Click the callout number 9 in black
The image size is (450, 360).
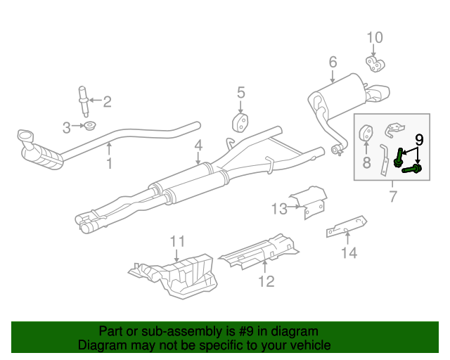coord(419,140)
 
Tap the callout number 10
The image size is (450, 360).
coord(375,37)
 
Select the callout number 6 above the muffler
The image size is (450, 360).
coord(333,62)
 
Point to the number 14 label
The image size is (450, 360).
coord(349,252)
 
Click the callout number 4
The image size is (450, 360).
coord(198,146)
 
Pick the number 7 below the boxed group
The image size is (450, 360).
coord(393,196)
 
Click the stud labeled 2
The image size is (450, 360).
coord(84,101)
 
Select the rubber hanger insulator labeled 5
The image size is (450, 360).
coord(240,123)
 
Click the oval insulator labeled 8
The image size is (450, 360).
coord(366,133)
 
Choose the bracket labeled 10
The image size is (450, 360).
coord(375,64)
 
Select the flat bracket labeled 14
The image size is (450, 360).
coord(347,226)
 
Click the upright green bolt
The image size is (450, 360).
coord(398,158)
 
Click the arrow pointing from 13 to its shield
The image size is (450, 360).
coord(294,207)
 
